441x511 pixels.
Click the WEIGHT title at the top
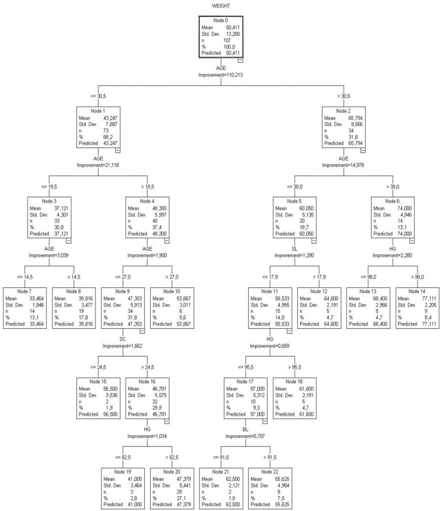221,5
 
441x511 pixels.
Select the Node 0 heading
221,20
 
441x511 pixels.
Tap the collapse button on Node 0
240,60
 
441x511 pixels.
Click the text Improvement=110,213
221,74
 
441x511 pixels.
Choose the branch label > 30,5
343,96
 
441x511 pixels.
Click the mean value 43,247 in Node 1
111,118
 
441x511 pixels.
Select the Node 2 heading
343,111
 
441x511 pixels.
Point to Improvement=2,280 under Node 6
392,255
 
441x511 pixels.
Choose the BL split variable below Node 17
245,429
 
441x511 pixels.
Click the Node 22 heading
270,472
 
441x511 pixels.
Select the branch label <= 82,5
122,457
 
